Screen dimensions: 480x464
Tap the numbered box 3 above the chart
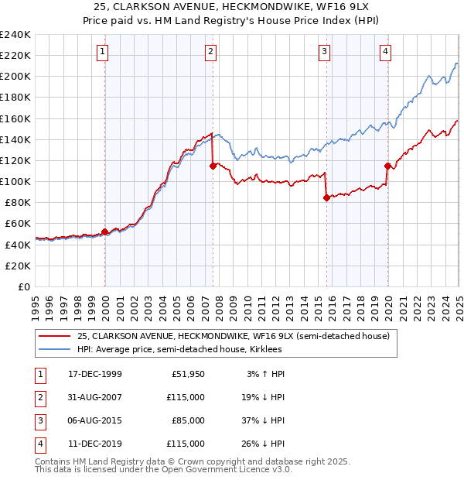click(x=324, y=52)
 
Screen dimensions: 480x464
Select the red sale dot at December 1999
click(x=105, y=231)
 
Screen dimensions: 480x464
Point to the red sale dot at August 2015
click(x=326, y=197)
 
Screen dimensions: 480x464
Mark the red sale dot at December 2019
click(x=387, y=165)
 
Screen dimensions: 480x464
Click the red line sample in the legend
click(x=53, y=336)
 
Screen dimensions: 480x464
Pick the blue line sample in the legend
click(x=53, y=349)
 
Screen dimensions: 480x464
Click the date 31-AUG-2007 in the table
click(x=95, y=397)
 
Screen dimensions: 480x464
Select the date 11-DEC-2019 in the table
click(x=95, y=444)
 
